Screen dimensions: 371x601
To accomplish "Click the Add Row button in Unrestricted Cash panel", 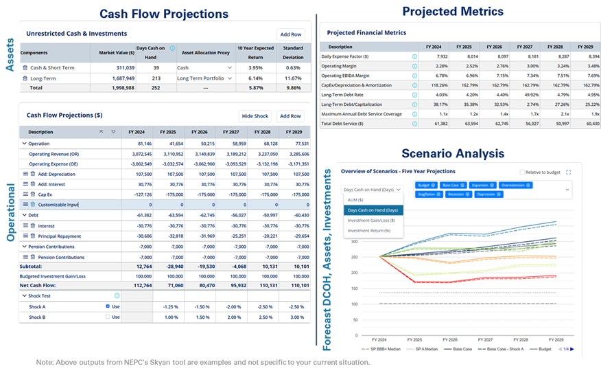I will (x=291, y=34).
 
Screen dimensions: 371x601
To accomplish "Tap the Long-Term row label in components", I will (x=43, y=78).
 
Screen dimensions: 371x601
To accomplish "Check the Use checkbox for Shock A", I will (x=108, y=306).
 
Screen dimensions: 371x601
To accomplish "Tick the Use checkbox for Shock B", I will (x=108, y=317).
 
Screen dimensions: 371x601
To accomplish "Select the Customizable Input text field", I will (x=58, y=205).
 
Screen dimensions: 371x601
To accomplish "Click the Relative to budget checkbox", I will (x=523, y=172).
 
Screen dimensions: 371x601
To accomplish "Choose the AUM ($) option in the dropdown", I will (x=357, y=199).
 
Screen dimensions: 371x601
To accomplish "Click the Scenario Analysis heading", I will (x=453, y=153).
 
